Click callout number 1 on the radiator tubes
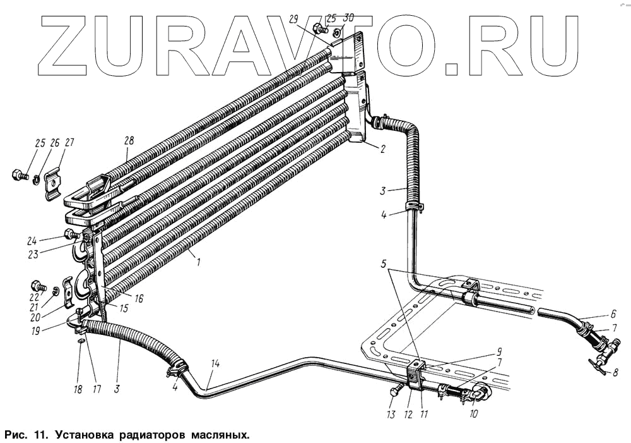pos(198,260)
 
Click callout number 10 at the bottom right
pos(473,415)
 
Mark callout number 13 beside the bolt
pos(391,415)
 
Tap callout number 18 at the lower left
pos(78,389)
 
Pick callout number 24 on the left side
pos(50,240)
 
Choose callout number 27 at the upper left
pos(69,143)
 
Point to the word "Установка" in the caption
pos(87,435)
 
